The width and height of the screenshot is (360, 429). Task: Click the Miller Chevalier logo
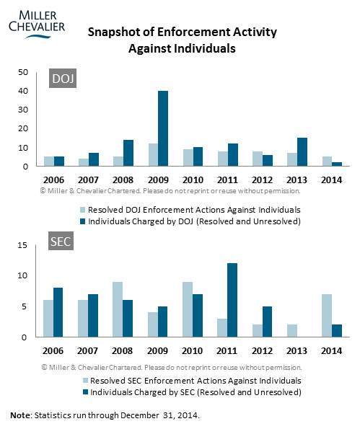pos(37,25)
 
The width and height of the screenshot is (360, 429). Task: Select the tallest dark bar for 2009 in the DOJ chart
pos(163,128)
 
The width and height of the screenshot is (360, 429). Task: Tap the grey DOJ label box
pos(63,79)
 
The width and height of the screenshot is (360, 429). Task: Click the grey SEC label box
pos(61,241)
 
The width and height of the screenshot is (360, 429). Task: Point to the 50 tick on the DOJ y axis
pos(23,72)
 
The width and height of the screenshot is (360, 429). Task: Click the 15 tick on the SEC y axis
pos(22,245)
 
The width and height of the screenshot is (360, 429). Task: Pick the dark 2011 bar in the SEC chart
pos(232,300)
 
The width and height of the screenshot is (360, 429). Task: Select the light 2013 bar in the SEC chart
pos(292,330)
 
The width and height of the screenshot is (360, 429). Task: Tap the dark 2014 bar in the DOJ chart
pos(337,164)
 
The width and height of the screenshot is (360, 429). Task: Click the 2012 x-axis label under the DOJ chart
pos(263,180)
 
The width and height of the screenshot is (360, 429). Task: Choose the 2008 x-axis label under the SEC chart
pos(122,350)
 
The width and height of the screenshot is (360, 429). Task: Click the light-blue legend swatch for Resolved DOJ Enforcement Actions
pos(83,210)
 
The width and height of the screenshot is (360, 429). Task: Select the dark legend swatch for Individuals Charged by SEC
pos(85,392)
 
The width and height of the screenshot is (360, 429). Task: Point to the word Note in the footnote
pos(20,415)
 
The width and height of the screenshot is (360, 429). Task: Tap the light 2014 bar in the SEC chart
pos(327,316)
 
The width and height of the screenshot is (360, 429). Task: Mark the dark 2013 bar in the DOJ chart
pos(302,152)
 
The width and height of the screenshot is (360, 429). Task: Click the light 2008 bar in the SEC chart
pos(118,309)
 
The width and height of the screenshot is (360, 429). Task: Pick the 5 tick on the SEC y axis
pos(25,306)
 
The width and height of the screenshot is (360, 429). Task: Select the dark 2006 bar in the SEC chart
pos(58,312)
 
